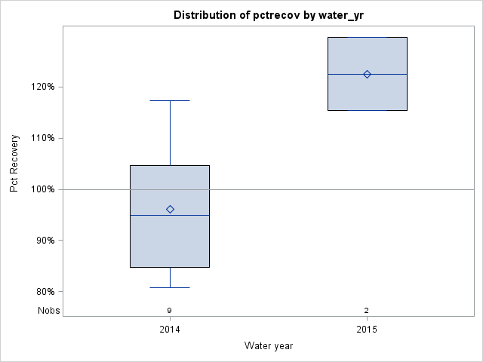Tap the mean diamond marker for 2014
(x=170, y=209)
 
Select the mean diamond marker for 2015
(x=367, y=74)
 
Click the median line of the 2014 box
(x=170, y=216)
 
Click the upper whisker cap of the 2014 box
(x=170, y=100)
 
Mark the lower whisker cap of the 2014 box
(x=170, y=287)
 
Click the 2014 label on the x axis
(x=170, y=330)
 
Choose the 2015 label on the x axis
(x=367, y=330)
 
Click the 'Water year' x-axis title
(x=269, y=345)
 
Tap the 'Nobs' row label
(x=49, y=310)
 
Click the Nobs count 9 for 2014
(x=170, y=310)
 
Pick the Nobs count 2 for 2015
(x=367, y=310)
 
